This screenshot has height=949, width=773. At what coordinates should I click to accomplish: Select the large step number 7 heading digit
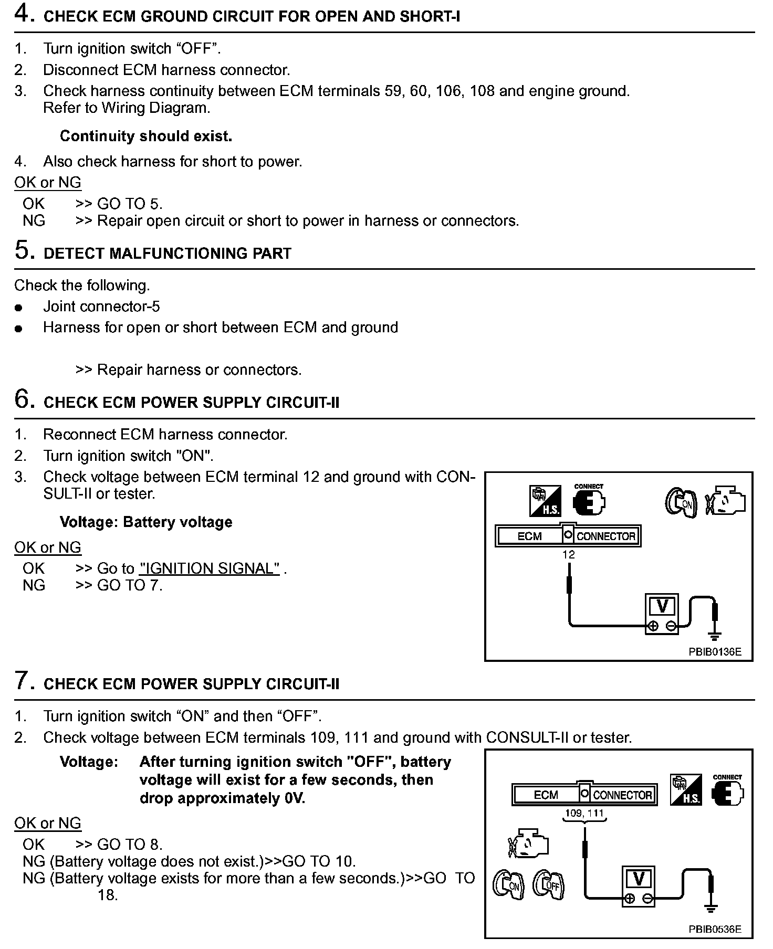click(x=23, y=681)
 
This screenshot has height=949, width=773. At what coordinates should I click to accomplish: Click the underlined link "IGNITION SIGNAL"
click(x=210, y=568)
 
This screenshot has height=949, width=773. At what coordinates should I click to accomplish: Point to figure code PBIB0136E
click(x=715, y=652)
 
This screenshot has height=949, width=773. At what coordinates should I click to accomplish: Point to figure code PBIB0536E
click(x=715, y=929)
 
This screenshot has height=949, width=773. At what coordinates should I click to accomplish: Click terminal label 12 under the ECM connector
click(x=568, y=555)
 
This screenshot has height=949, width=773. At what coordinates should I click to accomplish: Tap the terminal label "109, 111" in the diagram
click(x=584, y=814)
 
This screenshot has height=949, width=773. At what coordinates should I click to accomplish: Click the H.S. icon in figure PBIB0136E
click(x=545, y=501)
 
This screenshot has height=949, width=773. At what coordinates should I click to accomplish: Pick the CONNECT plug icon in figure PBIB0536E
click(x=727, y=792)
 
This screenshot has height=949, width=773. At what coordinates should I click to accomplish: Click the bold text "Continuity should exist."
click(x=146, y=136)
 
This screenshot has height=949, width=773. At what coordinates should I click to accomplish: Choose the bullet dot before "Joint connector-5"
click(x=19, y=308)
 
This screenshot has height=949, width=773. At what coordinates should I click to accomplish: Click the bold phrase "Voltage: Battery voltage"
click(x=146, y=522)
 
